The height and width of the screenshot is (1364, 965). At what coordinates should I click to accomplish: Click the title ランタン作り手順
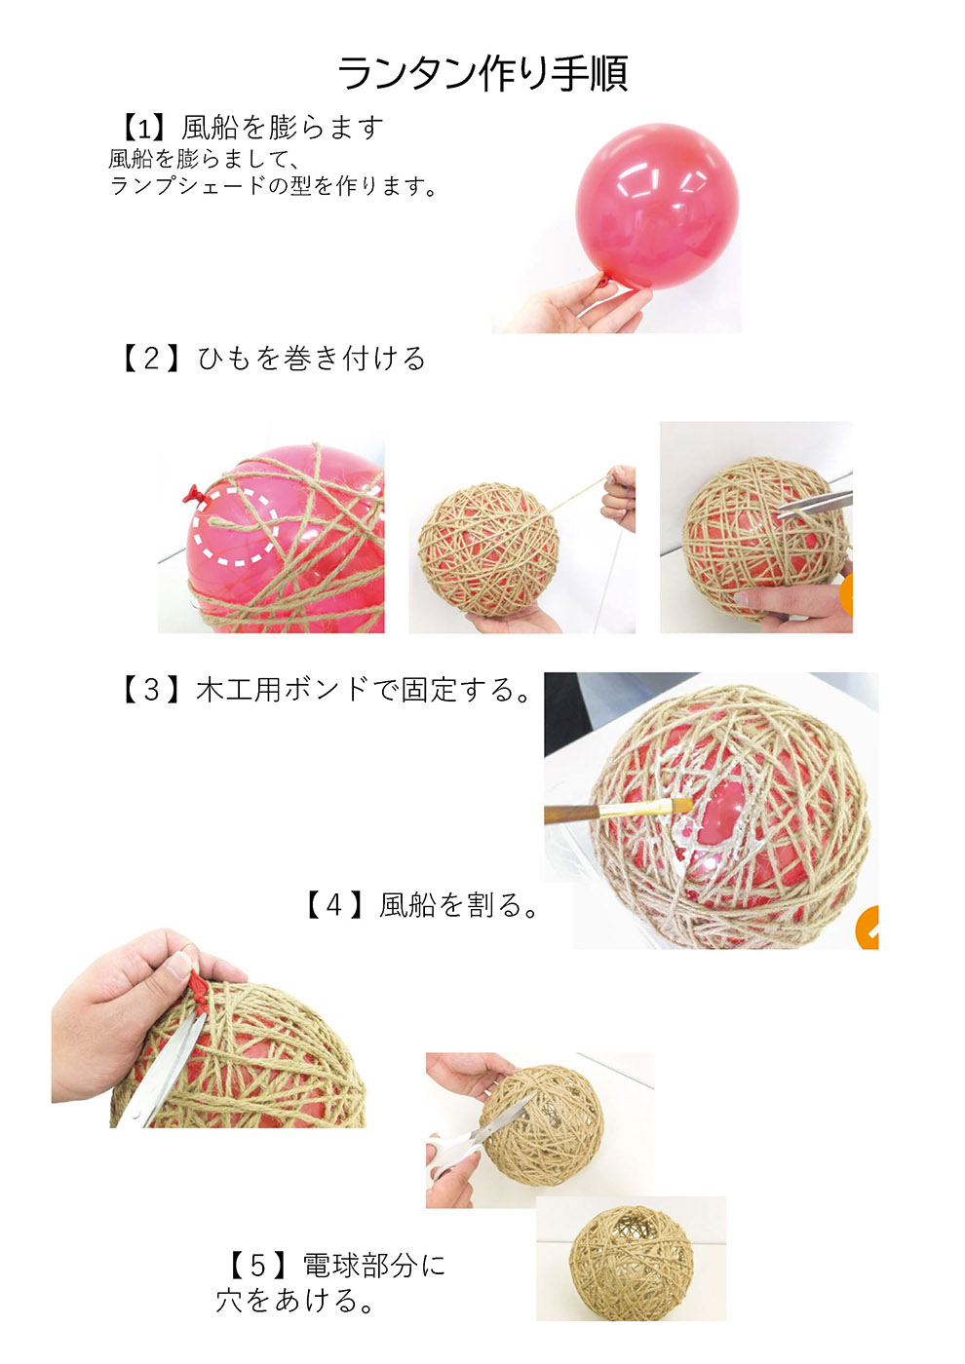point(482,74)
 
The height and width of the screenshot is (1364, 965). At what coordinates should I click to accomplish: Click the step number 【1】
point(144,128)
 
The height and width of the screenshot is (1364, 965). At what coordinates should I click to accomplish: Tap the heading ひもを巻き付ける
point(312,359)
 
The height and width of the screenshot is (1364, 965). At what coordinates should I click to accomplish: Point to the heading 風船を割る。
point(459,905)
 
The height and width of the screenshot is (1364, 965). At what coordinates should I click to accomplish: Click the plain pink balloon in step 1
point(657,206)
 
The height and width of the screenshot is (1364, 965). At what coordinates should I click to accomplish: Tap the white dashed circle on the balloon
point(235,525)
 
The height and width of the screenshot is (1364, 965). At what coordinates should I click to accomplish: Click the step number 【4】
point(333,905)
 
